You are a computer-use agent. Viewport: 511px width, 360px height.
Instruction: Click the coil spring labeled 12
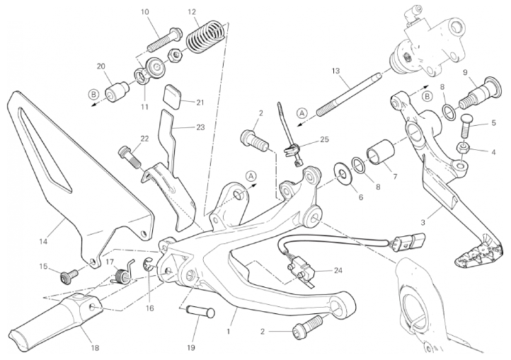coord(206,37)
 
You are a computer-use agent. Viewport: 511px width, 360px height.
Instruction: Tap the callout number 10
coord(145,12)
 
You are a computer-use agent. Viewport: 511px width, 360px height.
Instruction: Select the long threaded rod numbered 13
coord(348,94)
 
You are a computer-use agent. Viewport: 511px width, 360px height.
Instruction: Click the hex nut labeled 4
coord(463,148)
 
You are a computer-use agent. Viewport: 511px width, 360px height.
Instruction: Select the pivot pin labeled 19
coord(200,312)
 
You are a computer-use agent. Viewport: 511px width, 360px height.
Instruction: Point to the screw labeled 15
coord(69,277)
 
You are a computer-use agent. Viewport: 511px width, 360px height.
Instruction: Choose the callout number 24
coord(338,270)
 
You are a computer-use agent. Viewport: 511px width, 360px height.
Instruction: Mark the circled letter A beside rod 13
coord(302,113)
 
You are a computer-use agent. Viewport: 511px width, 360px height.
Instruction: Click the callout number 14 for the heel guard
coord(43,241)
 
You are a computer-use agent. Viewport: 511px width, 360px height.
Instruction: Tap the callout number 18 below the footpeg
coord(95,348)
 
